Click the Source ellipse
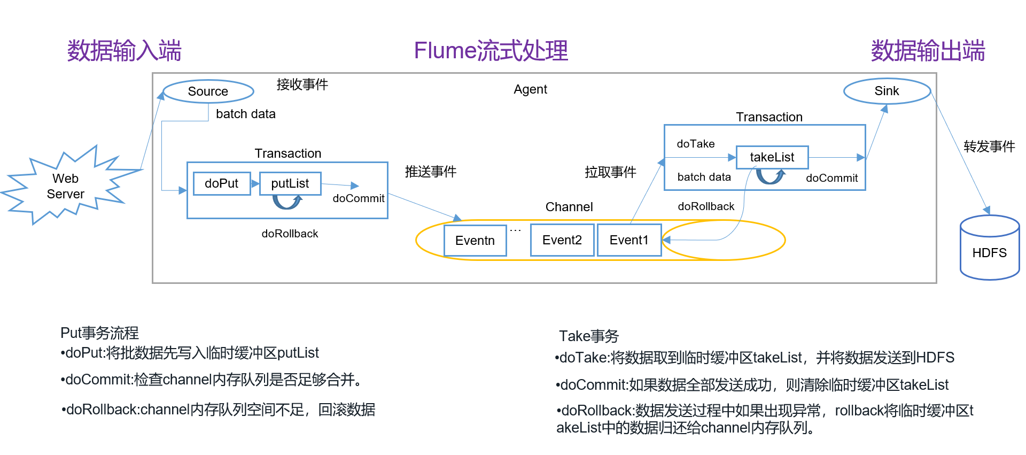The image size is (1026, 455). [x=208, y=91]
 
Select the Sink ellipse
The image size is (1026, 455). [x=887, y=91]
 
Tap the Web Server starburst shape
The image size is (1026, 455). [x=66, y=186]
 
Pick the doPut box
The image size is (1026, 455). [x=222, y=183]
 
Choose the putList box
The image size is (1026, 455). [x=290, y=183]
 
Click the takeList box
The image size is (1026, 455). [x=772, y=157]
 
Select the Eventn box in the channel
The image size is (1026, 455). [x=475, y=241]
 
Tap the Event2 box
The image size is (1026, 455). [x=562, y=240]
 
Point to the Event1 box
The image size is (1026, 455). [x=629, y=240]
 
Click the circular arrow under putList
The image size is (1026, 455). [x=287, y=202]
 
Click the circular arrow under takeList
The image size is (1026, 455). [x=770, y=176]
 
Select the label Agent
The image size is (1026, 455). [x=530, y=89]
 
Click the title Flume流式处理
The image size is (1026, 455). [x=491, y=51]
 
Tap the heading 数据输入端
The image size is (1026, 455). [x=124, y=51]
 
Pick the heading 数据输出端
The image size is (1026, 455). [x=928, y=51]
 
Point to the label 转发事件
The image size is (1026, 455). [x=989, y=146]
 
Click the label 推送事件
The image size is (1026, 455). [x=430, y=172]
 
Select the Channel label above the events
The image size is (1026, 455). [x=569, y=207]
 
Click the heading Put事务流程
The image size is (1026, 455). [x=99, y=333]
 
